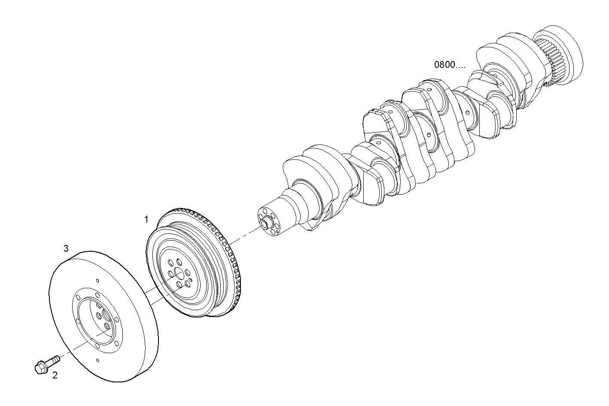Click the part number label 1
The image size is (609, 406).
point(146,220)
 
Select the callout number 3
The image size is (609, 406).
point(66,248)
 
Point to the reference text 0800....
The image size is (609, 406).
point(449,65)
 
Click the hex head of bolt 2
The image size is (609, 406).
point(40,366)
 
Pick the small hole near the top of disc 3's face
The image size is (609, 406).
point(98,281)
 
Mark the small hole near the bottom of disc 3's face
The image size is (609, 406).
point(98,360)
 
